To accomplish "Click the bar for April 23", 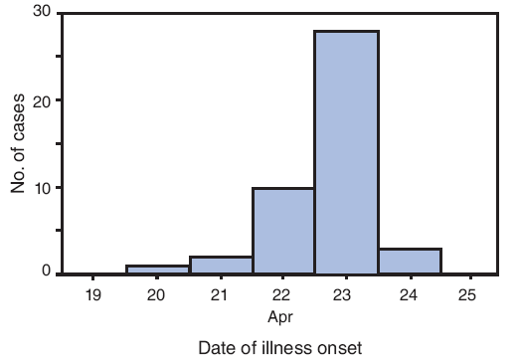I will pos(346,152).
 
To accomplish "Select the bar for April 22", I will pos(283,231).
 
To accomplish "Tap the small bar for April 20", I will pos(157,270).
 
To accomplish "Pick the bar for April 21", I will pos(221,266).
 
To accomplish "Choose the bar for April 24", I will pos(410,262).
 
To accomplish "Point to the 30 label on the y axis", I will pos(41,13).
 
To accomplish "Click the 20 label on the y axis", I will pos(41,100).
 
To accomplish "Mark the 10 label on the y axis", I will pos(41,187).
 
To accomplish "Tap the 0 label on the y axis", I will pos(46,270).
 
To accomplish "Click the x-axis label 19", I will pos(93,295).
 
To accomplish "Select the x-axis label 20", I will pos(157,295).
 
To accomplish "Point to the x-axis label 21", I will pos(221,295).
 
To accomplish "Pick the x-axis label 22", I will pos(283,295).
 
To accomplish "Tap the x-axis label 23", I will pos(346,295).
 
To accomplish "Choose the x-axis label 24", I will pos(410,295).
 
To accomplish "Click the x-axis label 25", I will pos(472,295).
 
